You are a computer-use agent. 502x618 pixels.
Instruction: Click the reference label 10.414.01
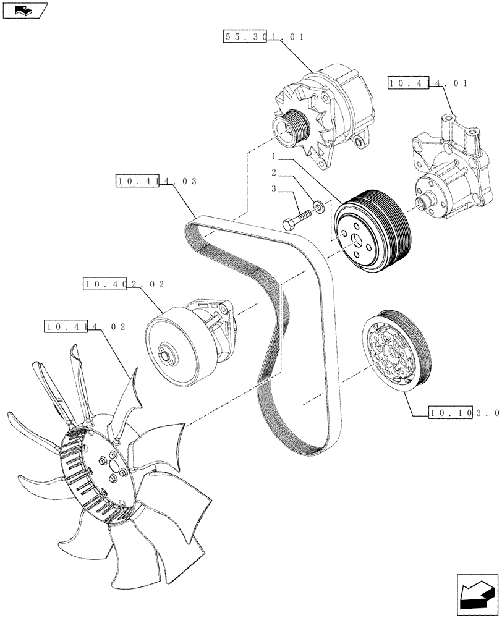(x=428, y=83)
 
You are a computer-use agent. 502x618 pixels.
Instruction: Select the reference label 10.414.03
(x=156, y=181)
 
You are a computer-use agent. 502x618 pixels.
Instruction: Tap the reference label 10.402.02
(x=122, y=284)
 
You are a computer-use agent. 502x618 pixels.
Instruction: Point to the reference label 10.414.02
(x=85, y=326)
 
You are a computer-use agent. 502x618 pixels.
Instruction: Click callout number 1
(x=273, y=157)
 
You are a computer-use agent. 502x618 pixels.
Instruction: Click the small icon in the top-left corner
(x=24, y=9)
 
